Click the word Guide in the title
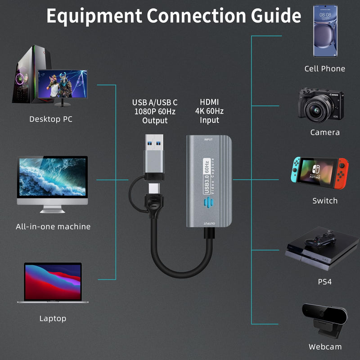point(276,15)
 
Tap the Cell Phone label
point(324,69)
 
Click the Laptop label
point(53,319)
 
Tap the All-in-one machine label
point(53,227)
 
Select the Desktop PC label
point(51,119)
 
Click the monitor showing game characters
point(63,85)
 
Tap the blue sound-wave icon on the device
point(208,202)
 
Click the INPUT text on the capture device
point(208,139)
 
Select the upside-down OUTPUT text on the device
point(209,223)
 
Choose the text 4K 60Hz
point(209,111)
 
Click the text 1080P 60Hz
point(155,112)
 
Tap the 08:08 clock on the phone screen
point(325,15)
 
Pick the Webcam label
point(325,346)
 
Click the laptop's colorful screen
point(53,282)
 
